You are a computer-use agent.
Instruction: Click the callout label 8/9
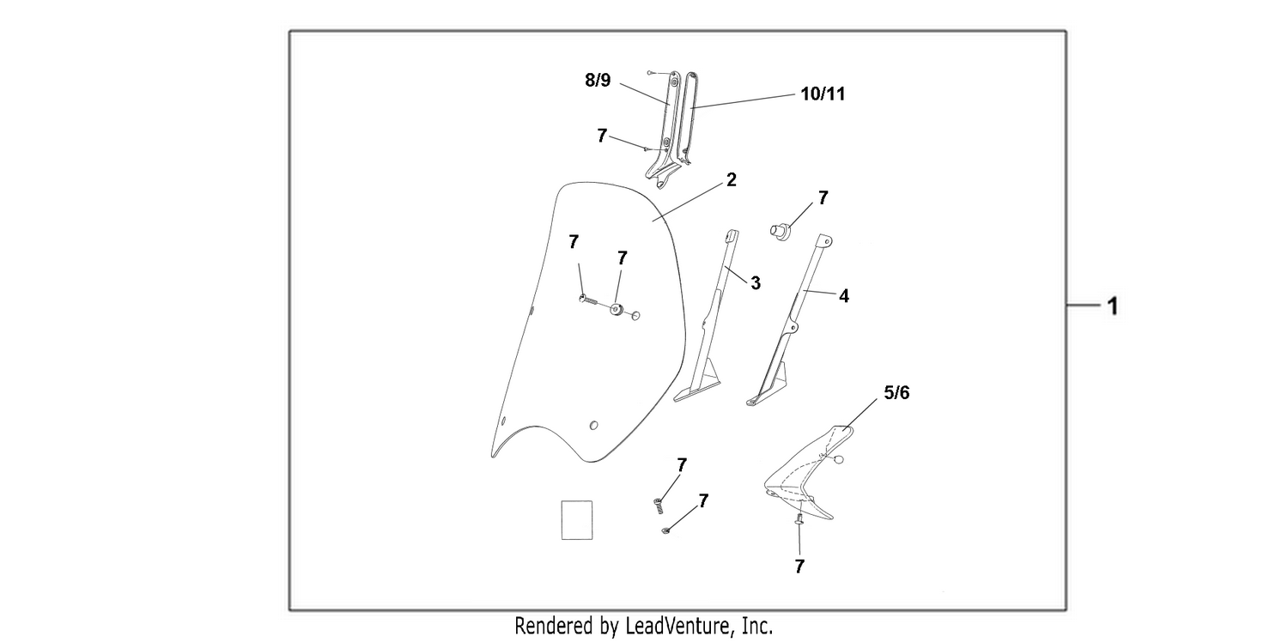click(x=598, y=81)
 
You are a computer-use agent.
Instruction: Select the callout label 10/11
click(x=823, y=94)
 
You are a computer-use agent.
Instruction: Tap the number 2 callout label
click(x=731, y=180)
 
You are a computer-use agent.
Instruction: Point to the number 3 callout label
click(x=756, y=283)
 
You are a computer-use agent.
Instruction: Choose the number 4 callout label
click(x=843, y=296)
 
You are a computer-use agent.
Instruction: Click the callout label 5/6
click(x=896, y=392)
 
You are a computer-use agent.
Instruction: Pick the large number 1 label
click(x=1113, y=306)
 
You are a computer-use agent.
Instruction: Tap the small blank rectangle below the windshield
click(x=577, y=520)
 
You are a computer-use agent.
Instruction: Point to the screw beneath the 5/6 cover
click(x=799, y=520)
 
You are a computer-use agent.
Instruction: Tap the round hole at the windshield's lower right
click(x=594, y=426)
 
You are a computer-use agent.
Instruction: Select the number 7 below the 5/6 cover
click(x=799, y=566)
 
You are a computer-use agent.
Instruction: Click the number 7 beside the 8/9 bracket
click(x=601, y=136)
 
